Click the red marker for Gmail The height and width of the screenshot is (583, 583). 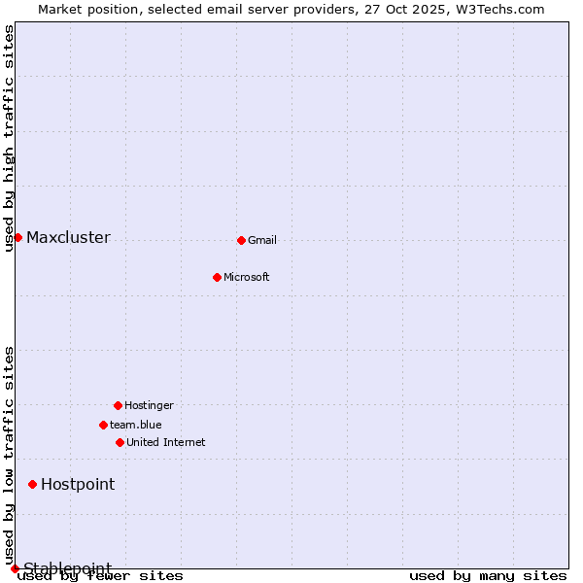pos(241,240)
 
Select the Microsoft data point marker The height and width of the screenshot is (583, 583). pos(217,277)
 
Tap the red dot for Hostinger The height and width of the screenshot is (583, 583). pos(118,405)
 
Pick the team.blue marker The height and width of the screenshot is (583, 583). pos(103,425)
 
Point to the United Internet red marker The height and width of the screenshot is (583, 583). pos(120,442)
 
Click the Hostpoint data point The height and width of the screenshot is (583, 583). pos(32,484)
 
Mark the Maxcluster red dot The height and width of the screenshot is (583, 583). pos(17,237)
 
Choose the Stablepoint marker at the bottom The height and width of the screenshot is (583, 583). pos(15,568)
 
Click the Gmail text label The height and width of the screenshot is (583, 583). pos(262,240)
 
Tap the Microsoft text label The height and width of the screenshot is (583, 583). pos(247,277)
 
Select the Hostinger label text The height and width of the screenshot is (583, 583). pos(149,405)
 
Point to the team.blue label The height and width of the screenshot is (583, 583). pos(136,425)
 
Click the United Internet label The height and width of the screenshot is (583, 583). pos(166,442)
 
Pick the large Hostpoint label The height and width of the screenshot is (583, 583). pos(78,484)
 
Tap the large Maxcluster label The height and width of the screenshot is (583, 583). pos(68,237)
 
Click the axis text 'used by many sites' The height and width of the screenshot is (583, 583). pos(488,576)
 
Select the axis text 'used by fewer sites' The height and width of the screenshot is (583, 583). pos(101,576)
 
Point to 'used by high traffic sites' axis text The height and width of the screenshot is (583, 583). pos(10,138)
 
